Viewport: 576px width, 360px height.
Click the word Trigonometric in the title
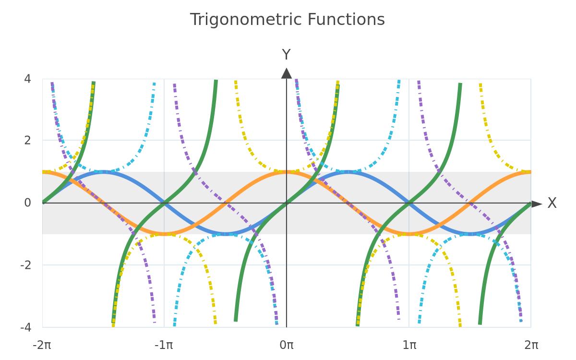pos(246,20)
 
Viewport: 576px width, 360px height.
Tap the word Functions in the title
pos(346,20)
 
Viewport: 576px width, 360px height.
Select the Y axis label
pos(286,55)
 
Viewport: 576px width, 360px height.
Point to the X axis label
pos(552,203)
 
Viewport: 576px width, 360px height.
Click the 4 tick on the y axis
pos(27,79)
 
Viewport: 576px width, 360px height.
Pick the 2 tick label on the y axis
pos(27,140)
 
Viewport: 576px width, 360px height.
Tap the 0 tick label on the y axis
pos(27,203)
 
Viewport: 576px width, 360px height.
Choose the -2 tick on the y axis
pos(26,265)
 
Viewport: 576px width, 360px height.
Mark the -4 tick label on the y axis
pos(26,327)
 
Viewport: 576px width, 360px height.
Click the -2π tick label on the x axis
pos(42,345)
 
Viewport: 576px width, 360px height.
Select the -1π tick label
pos(164,345)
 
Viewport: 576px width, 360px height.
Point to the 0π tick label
pos(287,345)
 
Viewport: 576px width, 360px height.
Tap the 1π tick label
pos(409,345)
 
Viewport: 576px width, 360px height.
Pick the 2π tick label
pos(531,345)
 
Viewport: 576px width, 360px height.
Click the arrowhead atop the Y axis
pos(287,73)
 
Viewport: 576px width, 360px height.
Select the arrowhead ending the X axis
pos(537,204)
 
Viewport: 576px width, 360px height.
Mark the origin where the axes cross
pos(287,203)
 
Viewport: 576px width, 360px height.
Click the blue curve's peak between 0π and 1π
pos(348,172)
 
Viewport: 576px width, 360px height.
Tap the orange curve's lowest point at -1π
pos(164,234)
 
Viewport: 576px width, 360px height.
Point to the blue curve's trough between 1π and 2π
pos(470,234)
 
